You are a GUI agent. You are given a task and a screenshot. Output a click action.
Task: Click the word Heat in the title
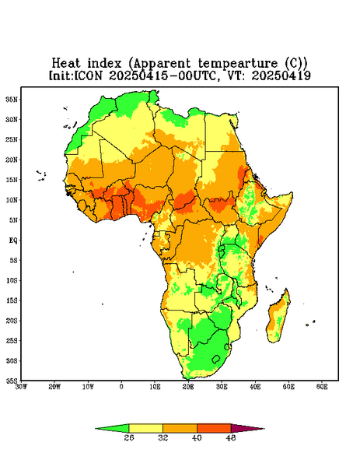pyautogui.click(x=66, y=64)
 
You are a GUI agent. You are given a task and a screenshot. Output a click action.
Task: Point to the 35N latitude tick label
pyautogui.click(x=12, y=100)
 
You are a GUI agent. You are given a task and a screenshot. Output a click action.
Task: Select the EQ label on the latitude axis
pyautogui.click(x=13, y=240)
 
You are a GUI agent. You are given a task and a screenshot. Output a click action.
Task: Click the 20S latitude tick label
pyautogui.click(x=12, y=321)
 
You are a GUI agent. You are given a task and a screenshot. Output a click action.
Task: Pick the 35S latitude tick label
pyautogui.click(x=12, y=381)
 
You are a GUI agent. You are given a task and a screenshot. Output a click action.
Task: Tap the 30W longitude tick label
pyautogui.click(x=21, y=387)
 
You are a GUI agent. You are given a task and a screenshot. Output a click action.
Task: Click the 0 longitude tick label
pyautogui.click(x=121, y=387)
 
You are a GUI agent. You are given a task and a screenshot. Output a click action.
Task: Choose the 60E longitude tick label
pyautogui.click(x=322, y=387)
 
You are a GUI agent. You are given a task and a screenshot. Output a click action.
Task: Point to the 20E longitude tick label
pyautogui.click(x=188, y=387)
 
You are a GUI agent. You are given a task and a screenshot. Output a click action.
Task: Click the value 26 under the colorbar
pyautogui.click(x=129, y=437)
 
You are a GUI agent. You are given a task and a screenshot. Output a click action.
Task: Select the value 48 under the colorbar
pyautogui.click(x=231, y=437)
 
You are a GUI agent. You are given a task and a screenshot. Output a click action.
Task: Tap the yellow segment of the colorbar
pyautogui.click(x=145, y=428)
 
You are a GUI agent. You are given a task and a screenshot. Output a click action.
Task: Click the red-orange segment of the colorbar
pyautogui.click(x=214, y=428)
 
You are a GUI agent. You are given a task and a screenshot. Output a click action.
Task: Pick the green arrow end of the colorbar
pyautogui.click(x=112, y=428)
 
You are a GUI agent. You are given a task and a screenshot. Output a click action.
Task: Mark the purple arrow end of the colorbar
pyautogui.click(x=248, y=428)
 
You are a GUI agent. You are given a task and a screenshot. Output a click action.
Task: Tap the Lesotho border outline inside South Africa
pyautogui.click(x=216, y=359)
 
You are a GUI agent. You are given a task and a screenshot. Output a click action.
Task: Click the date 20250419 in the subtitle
pyautogui.click(x=281, y=75)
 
